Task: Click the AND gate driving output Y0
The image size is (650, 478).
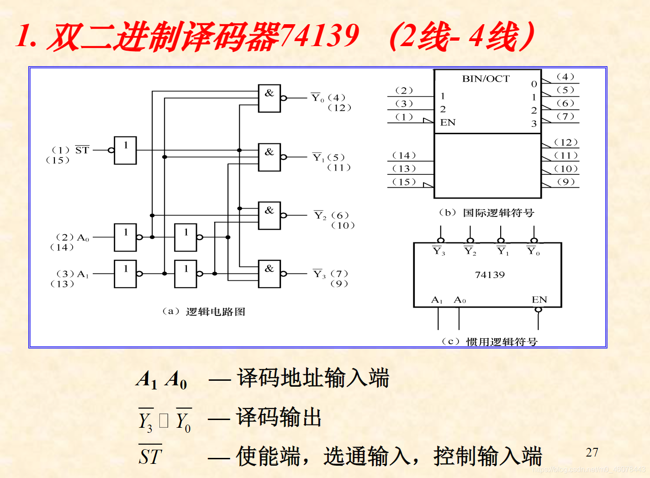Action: coord(270,98)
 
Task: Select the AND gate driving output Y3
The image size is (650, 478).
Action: coord(270,274)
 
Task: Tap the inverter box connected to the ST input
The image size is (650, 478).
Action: coord(126,150)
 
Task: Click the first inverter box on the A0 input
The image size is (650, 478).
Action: coord(126,237)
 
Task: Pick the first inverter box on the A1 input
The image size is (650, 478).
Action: coord(126,274)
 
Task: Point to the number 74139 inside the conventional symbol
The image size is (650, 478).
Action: coord(490,275)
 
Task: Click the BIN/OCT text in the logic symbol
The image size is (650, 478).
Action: coord(486,79)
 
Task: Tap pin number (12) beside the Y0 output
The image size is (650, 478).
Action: coord(339,108)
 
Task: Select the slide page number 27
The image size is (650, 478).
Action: coord(592,452)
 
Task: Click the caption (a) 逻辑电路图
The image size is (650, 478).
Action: coord(204,311)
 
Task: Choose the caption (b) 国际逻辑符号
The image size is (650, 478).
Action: coord(486,213)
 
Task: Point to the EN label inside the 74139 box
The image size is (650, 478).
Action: coord(539,299)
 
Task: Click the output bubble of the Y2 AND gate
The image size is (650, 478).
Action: coord(284,215)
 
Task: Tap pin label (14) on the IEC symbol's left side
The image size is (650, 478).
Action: coord(404,156)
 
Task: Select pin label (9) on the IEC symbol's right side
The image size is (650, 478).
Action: coord(566,182)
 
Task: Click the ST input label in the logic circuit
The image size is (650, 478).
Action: coord(82,150)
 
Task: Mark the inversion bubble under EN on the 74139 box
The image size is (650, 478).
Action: coord(539,310)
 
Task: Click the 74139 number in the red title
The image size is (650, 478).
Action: coord(319,36)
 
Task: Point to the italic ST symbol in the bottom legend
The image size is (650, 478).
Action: coord(150,456)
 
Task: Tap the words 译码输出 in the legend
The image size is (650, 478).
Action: coord(279,417)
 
